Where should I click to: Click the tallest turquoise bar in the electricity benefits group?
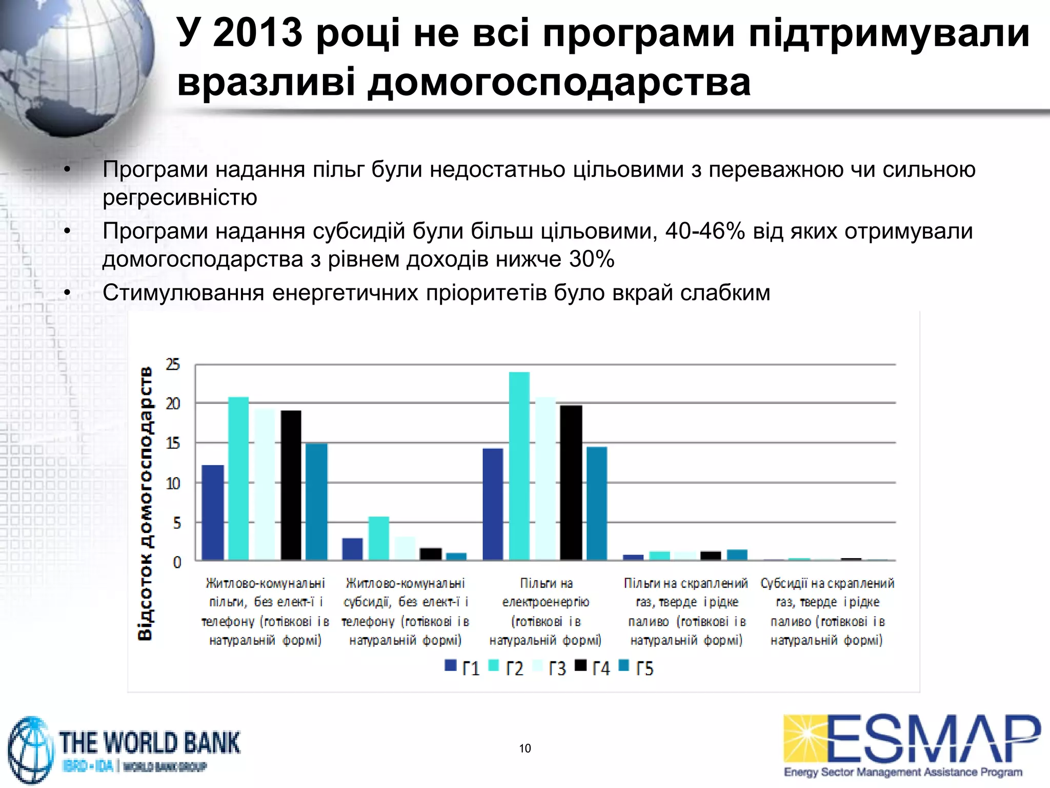[519, 465]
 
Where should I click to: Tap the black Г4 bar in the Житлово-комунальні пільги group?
[291, 485]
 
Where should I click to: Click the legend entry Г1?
[462, 668]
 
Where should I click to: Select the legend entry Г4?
[593, 668]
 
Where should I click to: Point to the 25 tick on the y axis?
[173, 365]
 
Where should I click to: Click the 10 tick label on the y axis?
[173, 483]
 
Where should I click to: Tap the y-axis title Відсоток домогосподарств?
[145, 503]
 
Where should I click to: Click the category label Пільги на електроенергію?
[546, 611]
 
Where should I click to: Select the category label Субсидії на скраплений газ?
[827, 611]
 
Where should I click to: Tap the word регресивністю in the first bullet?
[180, 198]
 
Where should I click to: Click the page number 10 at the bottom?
[525, 748]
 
